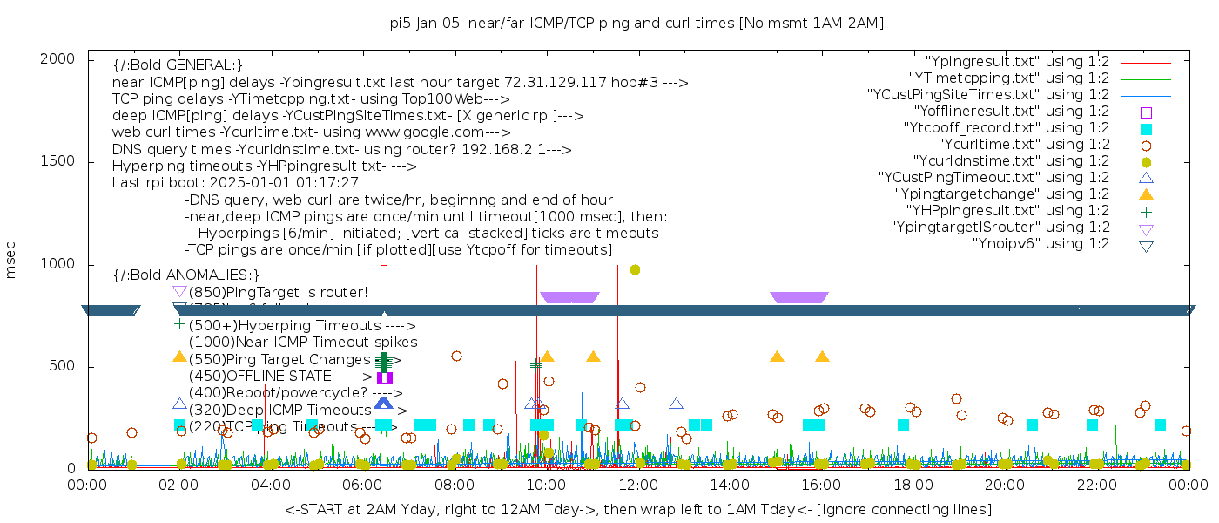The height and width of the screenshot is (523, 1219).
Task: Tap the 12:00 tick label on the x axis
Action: point(637,484)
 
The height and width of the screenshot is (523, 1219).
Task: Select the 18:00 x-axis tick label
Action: point(913,484)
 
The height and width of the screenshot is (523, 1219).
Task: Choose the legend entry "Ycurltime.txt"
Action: point(1023,145)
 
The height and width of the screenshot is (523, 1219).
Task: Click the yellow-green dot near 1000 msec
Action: point(636,269)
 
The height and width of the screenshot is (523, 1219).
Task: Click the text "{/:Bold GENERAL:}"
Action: point(178,65)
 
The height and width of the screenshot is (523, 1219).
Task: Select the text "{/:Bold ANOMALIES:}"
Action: point(186,275)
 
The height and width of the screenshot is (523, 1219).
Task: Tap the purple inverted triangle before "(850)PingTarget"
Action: point(179,291)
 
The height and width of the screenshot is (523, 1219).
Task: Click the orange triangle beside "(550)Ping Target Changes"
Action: point(179,357)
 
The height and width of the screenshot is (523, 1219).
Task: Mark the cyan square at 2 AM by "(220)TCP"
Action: point(179,425)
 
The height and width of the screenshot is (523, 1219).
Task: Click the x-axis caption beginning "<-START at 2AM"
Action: point(637,509)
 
